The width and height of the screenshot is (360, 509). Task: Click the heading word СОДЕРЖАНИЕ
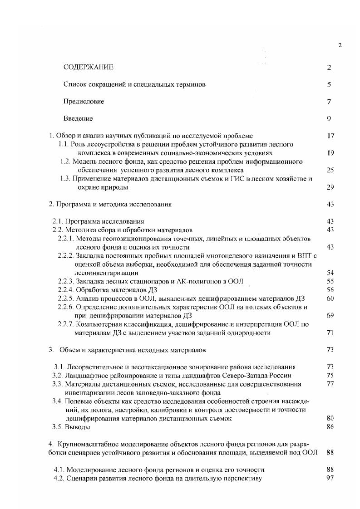click(x=88, y=68)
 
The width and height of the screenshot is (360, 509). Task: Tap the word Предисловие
click(x=84, y=102)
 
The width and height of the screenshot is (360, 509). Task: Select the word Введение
click(x=78, y=118)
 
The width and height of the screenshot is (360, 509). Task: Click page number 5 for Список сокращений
click(x=329, y=85)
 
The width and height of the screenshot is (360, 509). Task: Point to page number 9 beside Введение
click(x=329, y=119)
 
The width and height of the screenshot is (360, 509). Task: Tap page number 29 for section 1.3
click(x=330, y=187)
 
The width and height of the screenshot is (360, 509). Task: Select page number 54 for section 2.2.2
click(x=330, y=273)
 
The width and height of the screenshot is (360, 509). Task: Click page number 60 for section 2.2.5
click(x=330, y=299)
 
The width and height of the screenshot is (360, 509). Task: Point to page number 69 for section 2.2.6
click(x=330, y=315)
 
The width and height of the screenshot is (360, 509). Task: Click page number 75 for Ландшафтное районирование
click(x=330, y=375)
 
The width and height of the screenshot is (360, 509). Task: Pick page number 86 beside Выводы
click(x=330, y=427)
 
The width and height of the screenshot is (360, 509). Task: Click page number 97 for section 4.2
click(x=330, y=478)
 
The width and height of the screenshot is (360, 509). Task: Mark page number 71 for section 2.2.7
click(x=330, y=333)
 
